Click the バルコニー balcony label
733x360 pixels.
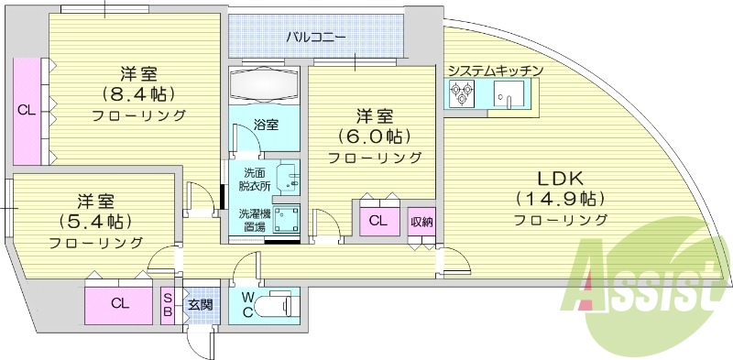[315, 38]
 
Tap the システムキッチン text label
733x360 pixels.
[496, 71]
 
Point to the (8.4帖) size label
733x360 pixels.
[139, 93]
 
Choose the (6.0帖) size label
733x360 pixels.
[375, 136]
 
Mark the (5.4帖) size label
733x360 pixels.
[95, 221]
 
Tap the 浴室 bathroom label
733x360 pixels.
[266, 125]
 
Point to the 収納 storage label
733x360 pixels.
[421, 221]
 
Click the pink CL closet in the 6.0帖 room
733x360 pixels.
[377, 221]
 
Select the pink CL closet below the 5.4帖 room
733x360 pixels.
[119, 304]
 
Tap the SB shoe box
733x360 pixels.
[168, 304]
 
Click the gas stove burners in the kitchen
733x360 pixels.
[460, 93]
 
